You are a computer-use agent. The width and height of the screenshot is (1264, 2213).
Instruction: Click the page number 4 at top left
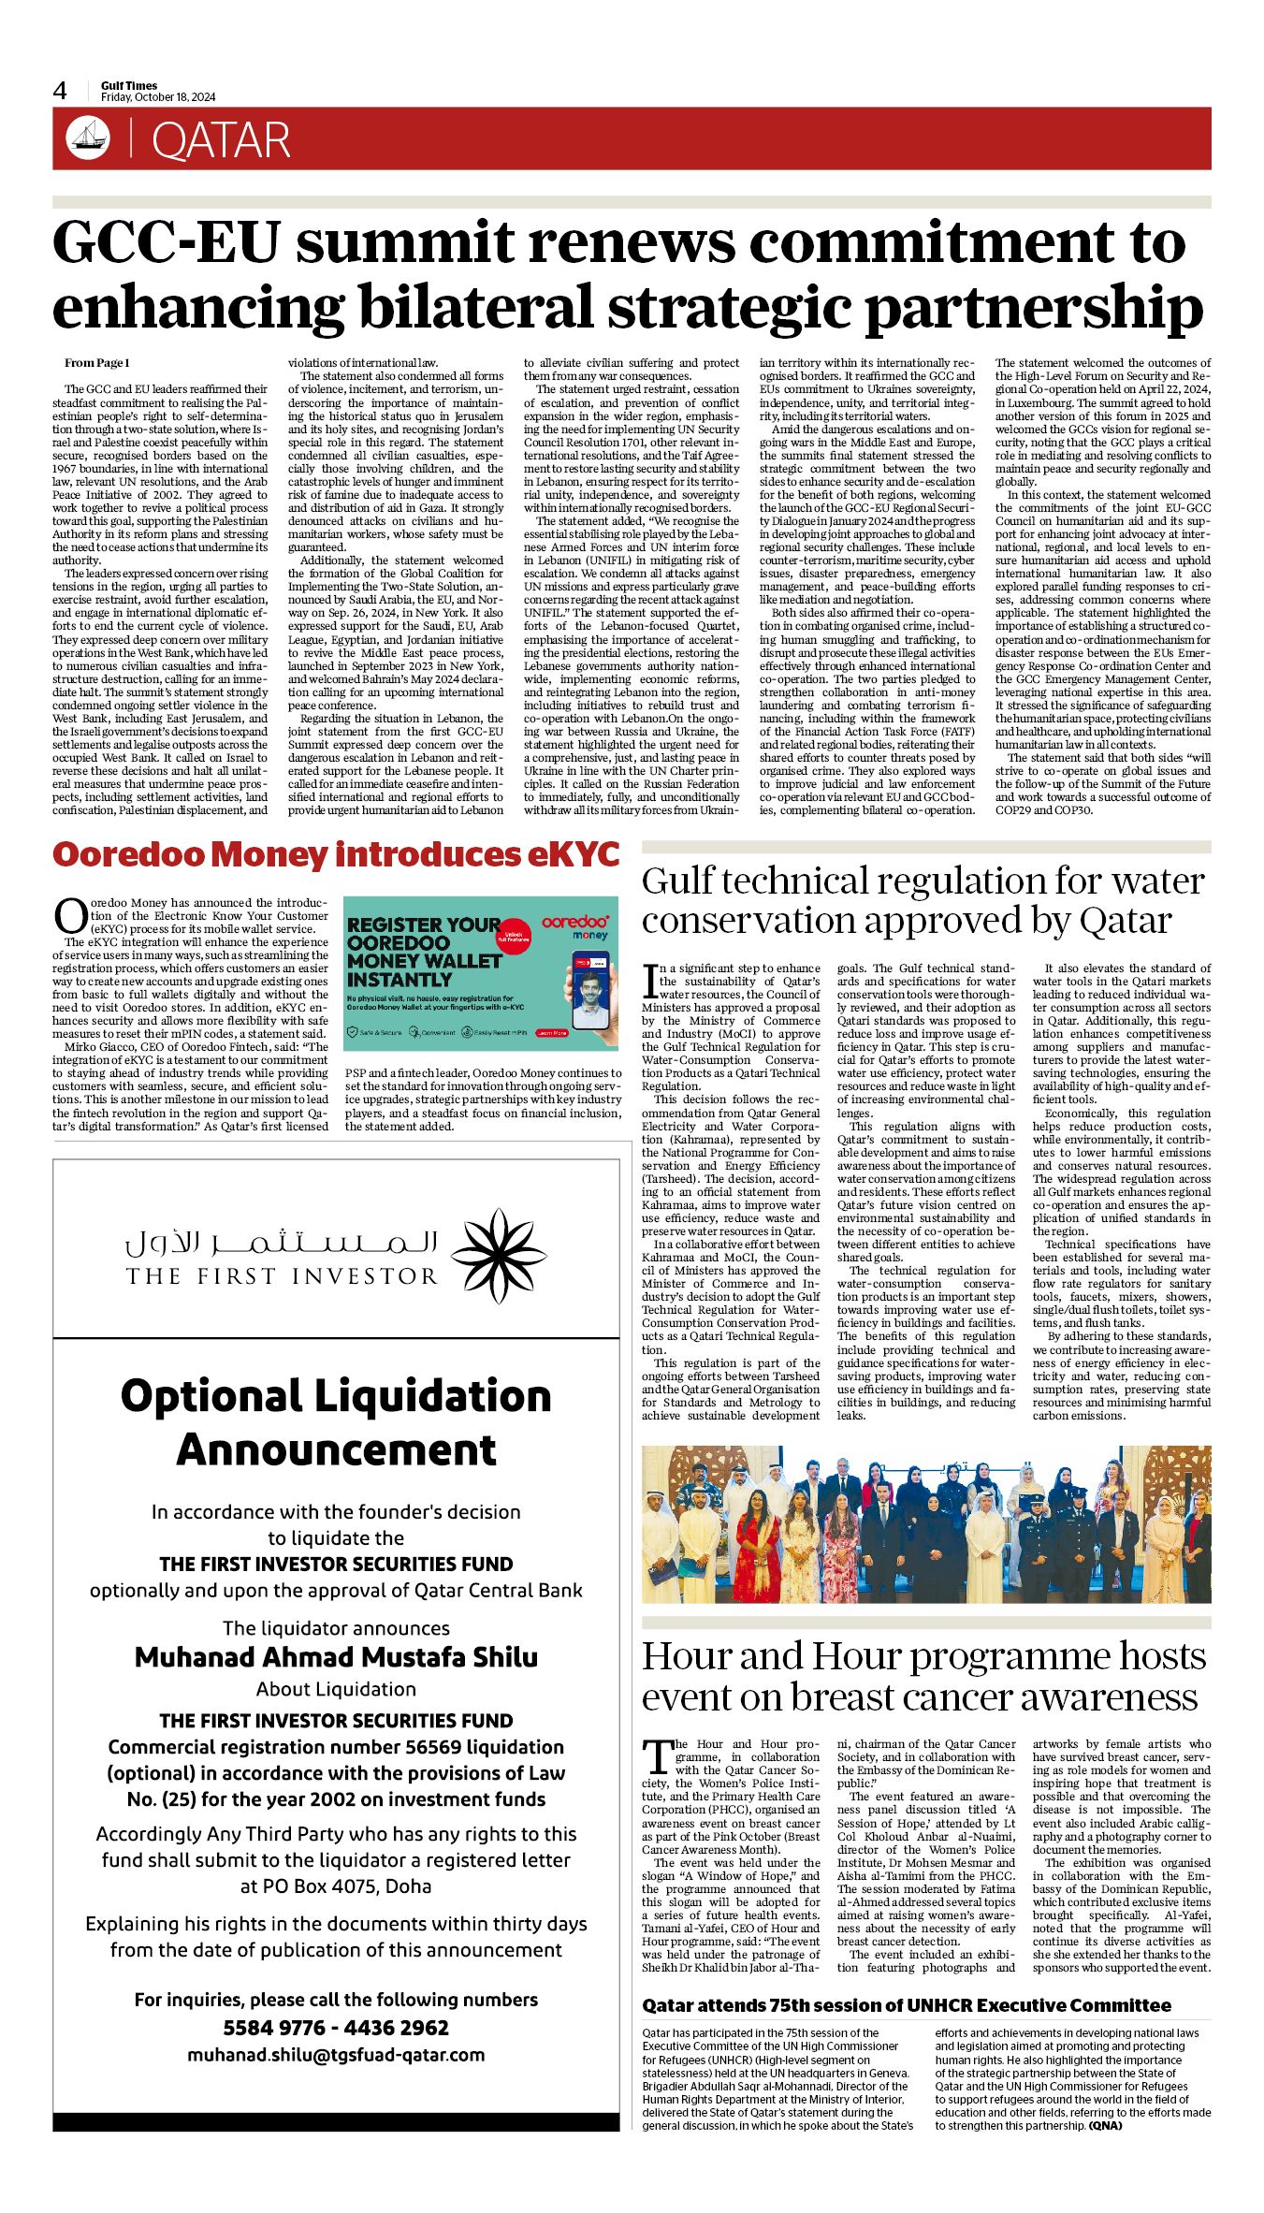(x=60, y=91)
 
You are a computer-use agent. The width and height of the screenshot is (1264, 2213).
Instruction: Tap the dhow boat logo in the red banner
(x=88, y=138)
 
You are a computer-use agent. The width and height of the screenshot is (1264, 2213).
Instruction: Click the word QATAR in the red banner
(x=221, y=140)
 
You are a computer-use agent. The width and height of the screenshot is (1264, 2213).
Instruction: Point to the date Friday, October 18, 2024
(x=158, y=97)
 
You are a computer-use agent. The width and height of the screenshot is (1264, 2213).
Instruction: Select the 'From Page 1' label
(x=97, y=363)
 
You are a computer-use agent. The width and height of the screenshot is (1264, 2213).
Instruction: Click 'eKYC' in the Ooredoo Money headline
(x=573, y=854)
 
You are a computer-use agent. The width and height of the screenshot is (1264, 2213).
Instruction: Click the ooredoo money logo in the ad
(x=575, y=927)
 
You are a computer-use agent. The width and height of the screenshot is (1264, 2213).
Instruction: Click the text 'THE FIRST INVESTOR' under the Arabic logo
(x=282, y=1276)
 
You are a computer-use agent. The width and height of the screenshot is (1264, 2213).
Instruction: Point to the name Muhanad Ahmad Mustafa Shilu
(x=336, y=1657)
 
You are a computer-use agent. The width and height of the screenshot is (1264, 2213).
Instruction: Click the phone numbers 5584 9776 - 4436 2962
(x=336, y=2028)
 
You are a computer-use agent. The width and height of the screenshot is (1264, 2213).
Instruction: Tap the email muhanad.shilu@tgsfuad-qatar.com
(x=336, y=2055)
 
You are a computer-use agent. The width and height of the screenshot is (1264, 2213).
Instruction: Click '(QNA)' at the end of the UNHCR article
(x=1104, y=2125)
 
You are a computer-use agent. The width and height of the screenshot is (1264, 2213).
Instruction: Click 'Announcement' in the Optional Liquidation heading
(x=336, y=1449)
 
